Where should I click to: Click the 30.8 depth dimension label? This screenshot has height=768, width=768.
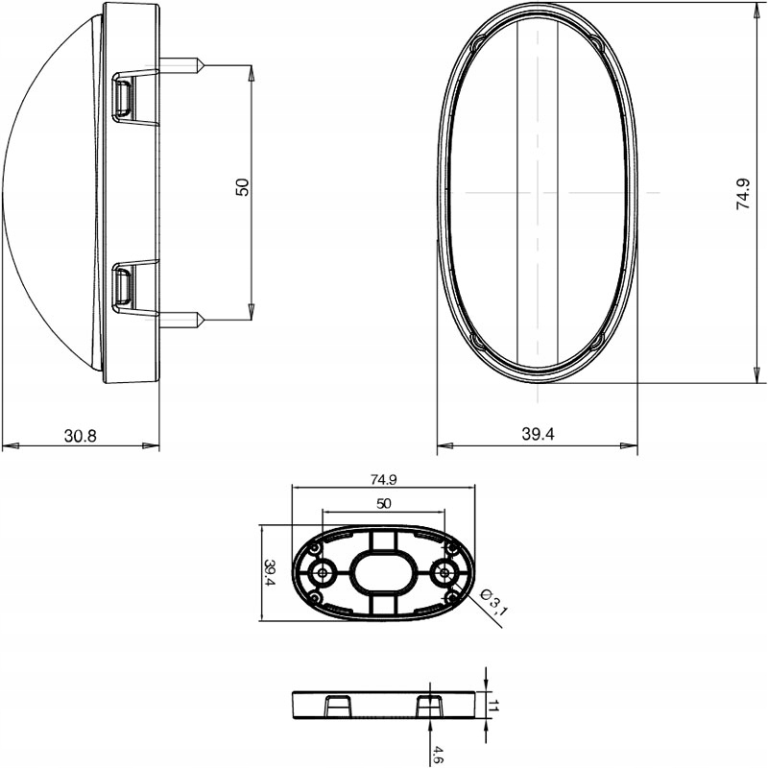click(81, 436)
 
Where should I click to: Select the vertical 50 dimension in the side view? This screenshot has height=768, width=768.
click(242, 188)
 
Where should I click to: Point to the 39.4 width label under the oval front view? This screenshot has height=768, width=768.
click(539, 435)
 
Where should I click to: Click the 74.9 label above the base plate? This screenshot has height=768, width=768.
click(383, 479)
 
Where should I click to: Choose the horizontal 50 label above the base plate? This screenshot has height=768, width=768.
click(382, 503)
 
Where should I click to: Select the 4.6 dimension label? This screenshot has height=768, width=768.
click(438, 753)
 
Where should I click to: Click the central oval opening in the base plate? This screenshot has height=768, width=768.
click(383, 573)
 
